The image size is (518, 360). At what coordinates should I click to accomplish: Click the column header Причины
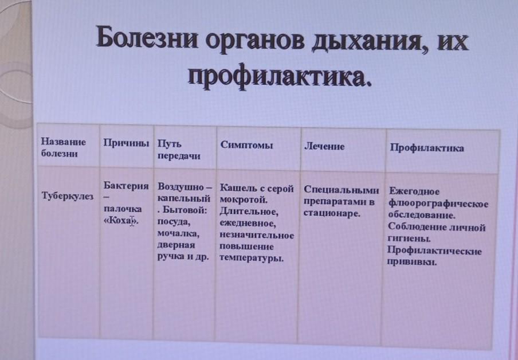(126, 143)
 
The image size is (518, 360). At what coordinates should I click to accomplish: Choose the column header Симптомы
(246, 145)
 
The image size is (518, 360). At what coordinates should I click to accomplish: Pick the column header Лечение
(324, 146)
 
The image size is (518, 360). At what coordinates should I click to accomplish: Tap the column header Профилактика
(427, 148)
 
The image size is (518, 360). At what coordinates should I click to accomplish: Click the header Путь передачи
(179, 150)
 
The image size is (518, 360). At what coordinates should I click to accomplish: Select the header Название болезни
(63, 147)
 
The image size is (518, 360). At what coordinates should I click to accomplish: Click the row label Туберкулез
(68, 195)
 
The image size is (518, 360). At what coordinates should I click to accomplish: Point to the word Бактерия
(126, 186)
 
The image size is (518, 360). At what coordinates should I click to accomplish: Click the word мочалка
(178, 233)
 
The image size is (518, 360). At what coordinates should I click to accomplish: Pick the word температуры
(252, 258)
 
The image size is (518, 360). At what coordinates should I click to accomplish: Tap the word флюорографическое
(438, 204)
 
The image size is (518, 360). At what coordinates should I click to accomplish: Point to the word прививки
(412, 262)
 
